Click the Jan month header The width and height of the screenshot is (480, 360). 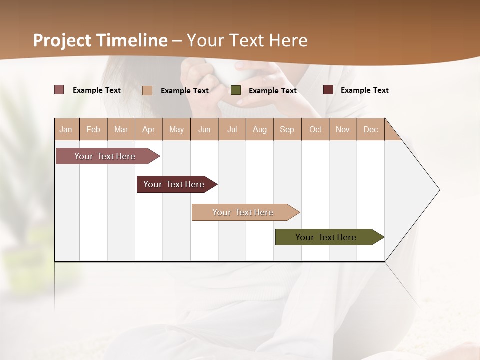[66, 129]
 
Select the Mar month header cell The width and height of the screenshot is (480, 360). [121, 129]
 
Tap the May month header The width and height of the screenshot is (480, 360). [176, 129]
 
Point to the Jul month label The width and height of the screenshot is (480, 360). [232, 129]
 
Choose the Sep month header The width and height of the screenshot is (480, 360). [287, 129]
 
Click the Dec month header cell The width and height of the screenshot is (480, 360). [370, 129]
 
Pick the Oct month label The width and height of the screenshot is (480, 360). [315, 129]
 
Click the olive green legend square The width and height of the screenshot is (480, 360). [236, 90]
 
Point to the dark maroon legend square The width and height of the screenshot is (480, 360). [328, 90]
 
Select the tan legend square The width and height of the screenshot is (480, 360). [147, 90]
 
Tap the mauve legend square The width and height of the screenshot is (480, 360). [59, 90]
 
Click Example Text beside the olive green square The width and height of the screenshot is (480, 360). [273, 91]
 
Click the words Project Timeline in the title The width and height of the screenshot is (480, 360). [100, 40]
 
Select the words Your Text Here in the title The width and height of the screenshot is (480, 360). [247, 40]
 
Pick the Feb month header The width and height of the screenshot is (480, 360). [93, 129]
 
